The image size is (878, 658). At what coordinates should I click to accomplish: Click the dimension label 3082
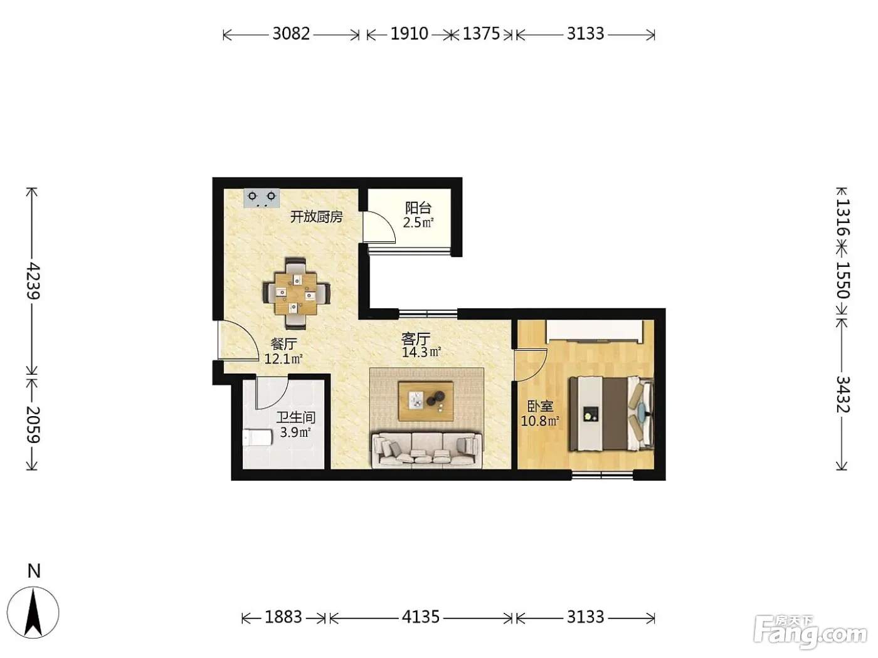[x=291, y=34]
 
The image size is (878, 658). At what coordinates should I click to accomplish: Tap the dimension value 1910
[x=409, y=34]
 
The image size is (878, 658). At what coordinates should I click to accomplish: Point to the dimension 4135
[x=421, y=617]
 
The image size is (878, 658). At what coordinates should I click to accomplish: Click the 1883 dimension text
[x=283, y=617]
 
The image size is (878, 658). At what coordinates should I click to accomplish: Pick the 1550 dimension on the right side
[x=842, y=281]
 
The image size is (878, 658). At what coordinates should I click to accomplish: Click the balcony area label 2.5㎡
[x=418, y=222]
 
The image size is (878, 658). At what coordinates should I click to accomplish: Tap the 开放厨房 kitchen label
[x=317, y=217]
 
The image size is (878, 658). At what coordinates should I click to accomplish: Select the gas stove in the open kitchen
[x=262, y=198]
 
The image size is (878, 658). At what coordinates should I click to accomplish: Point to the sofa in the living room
[x=427, y=450]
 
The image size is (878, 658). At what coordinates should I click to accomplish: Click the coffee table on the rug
[x=426, y=400]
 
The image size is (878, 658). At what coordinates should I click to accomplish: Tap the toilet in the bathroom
[x=258, y=437]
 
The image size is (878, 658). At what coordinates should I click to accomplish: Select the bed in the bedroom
[x=612, y=414]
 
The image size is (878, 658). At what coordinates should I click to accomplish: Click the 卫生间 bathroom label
[x=296, y=417]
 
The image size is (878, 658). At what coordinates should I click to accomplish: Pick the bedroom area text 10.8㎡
[x=539, y=420]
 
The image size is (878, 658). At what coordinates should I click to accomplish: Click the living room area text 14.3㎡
[x=421, y=352]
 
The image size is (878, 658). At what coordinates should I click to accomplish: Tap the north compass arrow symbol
[x=33, y=612]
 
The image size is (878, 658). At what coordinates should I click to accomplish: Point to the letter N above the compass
[x=34, y=571]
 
